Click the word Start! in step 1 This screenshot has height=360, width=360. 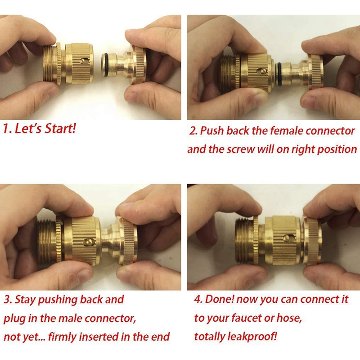tap(60, 128)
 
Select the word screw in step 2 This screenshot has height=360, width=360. tap(241, 150)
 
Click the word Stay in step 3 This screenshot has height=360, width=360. tap(25, 300)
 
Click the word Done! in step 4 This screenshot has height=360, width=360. tap(220, 299)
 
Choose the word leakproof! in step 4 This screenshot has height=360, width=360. tap(252, 337)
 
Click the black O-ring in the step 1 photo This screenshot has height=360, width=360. tap(106, 65)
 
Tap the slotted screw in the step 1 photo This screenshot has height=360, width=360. tap(84, 61)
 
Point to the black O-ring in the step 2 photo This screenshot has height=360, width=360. tap(278, 74)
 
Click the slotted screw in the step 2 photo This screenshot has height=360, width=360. tap(262, 72)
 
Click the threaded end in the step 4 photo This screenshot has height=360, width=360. tap(244, 240)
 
